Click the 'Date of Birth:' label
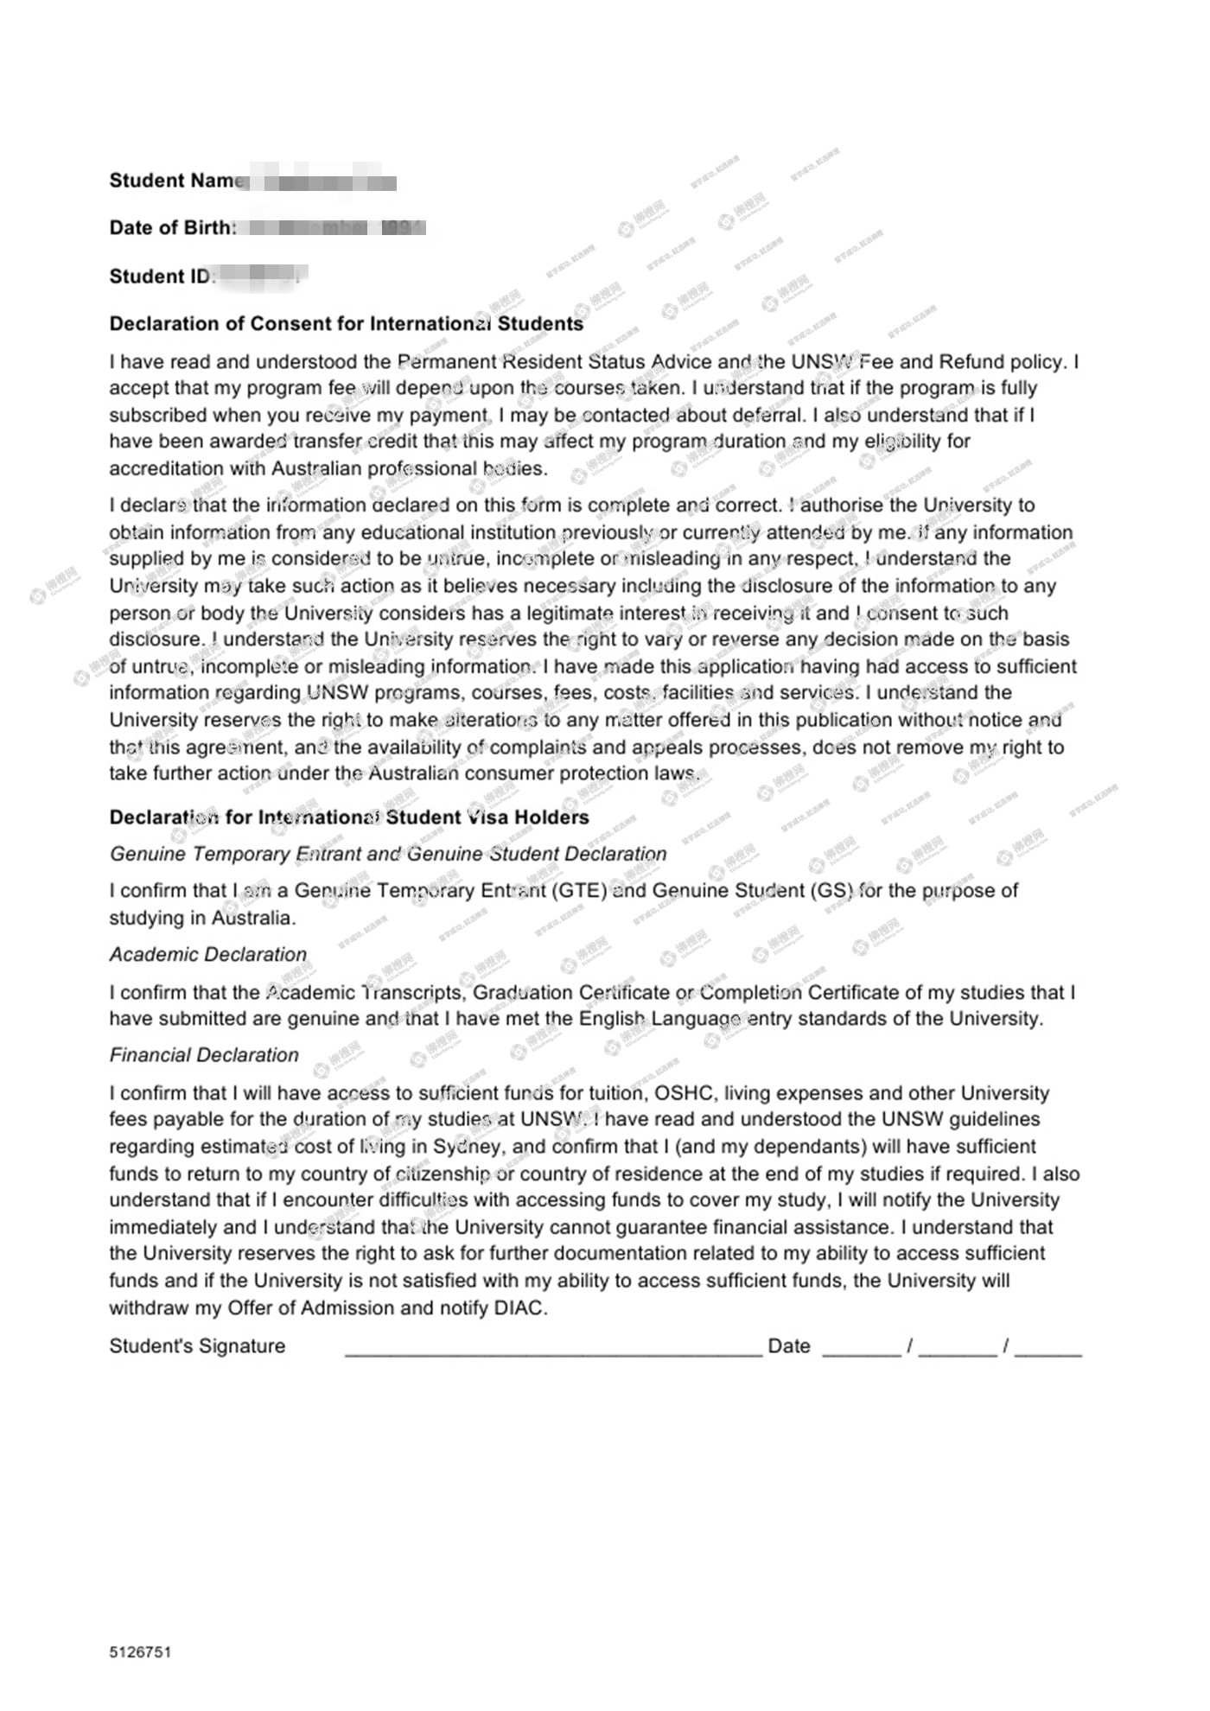172,228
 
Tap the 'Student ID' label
160,277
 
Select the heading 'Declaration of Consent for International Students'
346,324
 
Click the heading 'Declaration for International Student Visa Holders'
348,817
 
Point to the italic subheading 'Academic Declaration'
207,954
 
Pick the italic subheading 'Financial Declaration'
204,1055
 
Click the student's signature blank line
553,1350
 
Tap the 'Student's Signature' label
197,1346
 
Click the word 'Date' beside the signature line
788,1346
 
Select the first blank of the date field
861,1350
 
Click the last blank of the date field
1048,1350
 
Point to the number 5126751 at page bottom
140,1652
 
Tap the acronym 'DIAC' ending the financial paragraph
519,1308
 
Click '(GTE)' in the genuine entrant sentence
579,891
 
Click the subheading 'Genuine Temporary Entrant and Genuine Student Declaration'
388,854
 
